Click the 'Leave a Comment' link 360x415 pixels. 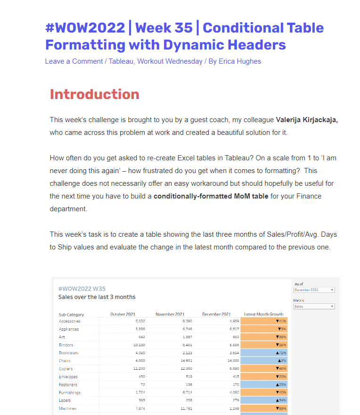tap(74, 61)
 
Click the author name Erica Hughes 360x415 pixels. tap(239, 61)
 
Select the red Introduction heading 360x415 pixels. tap(95, 94)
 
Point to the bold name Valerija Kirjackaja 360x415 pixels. tap(307, 120)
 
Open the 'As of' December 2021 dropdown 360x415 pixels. tap(314, 290)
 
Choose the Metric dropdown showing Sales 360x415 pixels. tap(314, 307)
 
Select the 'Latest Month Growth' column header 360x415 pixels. tap(263, 315)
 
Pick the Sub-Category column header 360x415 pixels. tap(72, 315)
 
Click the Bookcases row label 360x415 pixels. tap(69, 353)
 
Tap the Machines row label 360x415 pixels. tap(68, 408)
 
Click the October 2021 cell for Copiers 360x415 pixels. tap(132, 369)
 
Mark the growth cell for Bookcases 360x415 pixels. tap(264, 353)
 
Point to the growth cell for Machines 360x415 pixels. tap(264, 408)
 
